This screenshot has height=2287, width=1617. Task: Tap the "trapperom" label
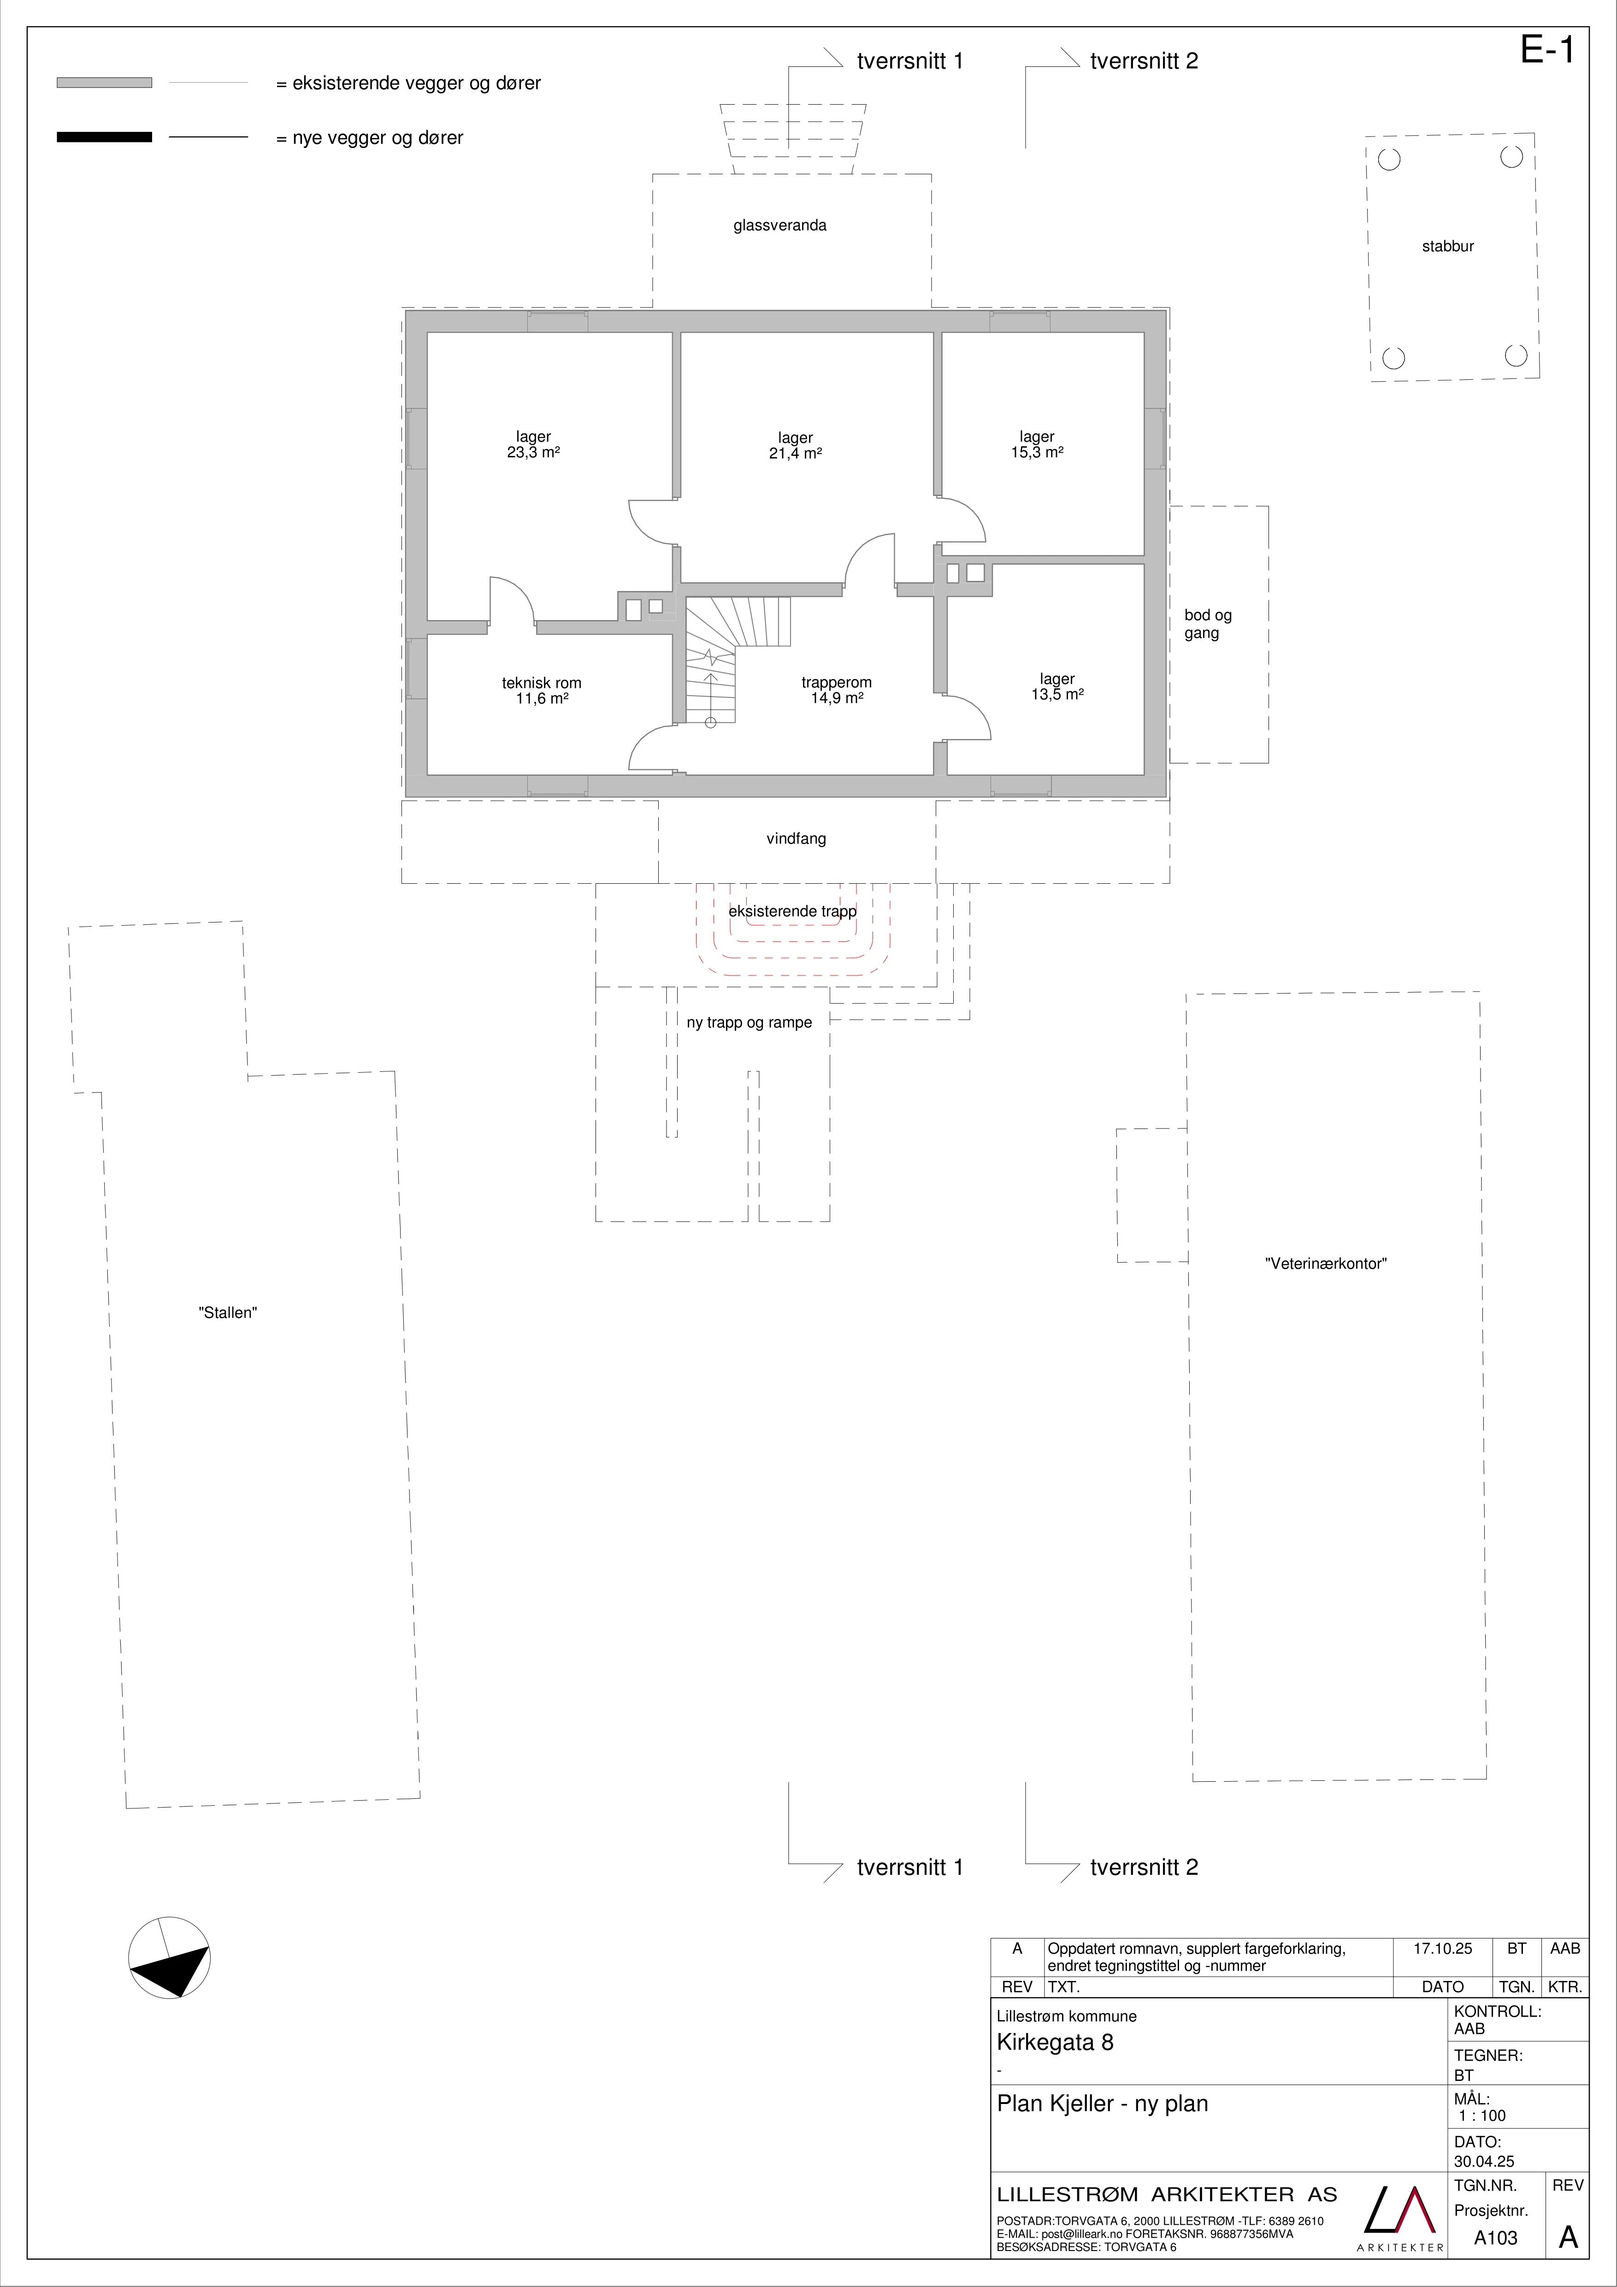click(x=836, y=682)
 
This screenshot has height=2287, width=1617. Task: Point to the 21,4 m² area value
click(x=796, y=453)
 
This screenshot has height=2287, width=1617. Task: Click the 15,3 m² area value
click(x=1038, y=452)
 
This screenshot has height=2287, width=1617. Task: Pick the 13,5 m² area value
click(x=1057, y=694)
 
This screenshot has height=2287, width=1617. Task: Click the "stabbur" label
click(x=1448, y=246)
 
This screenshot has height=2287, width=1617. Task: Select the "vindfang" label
click(x=797, y=839)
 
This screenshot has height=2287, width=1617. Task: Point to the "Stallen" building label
click(x=228, y=1313)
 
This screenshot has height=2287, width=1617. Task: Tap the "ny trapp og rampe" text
click(x=750, y=1023)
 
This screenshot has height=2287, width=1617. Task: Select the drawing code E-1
click(x=1547, y=50)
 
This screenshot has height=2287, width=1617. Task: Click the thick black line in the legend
click(x=105, y=137)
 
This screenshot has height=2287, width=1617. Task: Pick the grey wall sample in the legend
click(x=105, y=83)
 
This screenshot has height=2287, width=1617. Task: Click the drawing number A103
click(x=1495, y=2238)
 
